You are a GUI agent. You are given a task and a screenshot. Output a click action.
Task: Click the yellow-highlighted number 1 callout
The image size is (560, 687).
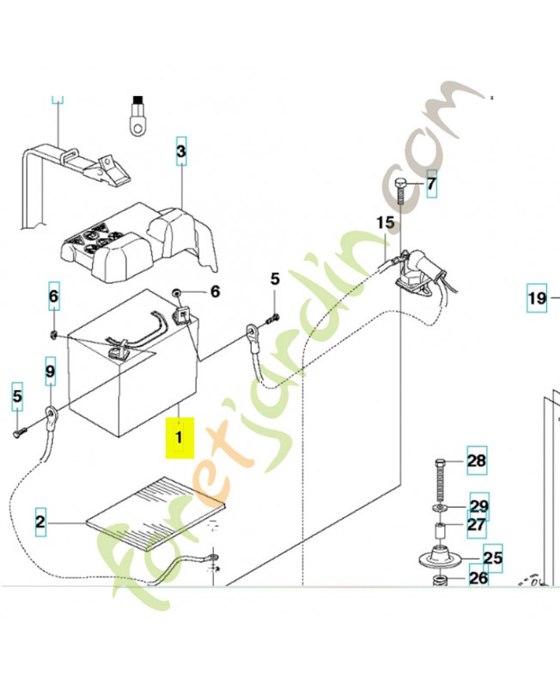coord(180,438)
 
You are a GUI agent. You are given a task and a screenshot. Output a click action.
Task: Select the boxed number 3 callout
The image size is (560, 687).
coord(181,151)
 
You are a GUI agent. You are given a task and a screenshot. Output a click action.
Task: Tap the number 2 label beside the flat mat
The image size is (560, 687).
coord(40,522)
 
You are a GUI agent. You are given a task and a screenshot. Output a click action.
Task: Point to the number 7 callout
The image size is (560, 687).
coord(432,184)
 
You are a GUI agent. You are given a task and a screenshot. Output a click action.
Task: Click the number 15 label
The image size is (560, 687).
coord(386,223)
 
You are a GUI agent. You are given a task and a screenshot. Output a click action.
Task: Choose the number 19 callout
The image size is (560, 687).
coord(537,298)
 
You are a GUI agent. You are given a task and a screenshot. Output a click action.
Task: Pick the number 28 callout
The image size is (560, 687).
coord(477,461)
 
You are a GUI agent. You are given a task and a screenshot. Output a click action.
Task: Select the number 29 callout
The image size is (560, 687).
coord(479,506)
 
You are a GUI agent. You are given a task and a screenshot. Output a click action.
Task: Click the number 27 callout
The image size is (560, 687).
coord(477,525)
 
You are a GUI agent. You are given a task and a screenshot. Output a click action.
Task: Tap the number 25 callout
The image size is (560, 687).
coord(493,557)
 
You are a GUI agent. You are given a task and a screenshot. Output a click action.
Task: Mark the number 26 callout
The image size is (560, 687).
coord(478,578)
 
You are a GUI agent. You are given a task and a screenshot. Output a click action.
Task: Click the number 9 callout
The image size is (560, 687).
coord(51,371)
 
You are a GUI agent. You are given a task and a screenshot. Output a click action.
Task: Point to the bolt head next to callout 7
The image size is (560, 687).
coord(401,183)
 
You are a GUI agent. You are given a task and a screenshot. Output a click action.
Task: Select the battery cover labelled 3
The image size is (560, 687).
coord(139,243)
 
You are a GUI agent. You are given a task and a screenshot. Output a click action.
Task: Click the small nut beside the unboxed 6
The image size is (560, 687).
coord(178,292)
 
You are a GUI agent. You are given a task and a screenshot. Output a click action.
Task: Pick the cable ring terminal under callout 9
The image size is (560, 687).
coord(50,414)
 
